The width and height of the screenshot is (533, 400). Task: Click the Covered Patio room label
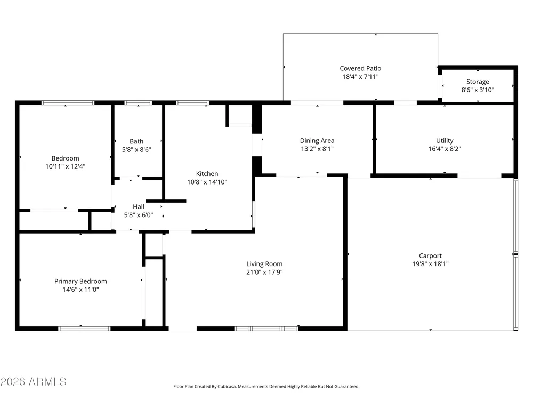click(x=360, y=68)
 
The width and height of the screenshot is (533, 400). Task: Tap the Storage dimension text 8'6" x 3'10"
click(x=478, y=90)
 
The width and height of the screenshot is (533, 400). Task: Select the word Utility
click(x=445, y=140)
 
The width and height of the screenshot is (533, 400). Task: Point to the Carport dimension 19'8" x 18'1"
click(x=430, y=263)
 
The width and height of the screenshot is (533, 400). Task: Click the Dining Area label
click(x=317, y=140)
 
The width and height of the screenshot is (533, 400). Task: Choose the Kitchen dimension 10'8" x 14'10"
click(x=207, y=182)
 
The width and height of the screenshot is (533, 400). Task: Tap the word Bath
click(x=136, y=141)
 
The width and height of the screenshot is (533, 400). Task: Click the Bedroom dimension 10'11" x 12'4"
click(x=65, y=166)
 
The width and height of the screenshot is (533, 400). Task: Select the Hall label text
click(x=139, y=206)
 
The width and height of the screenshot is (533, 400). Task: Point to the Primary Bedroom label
click(x=80, y=281)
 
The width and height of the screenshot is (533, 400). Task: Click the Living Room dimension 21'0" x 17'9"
click(x=264, y=272)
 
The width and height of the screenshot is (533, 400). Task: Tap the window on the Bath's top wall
click(x=138, y=103)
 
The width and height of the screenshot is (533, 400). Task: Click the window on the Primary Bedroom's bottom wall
click(x=84, y=329)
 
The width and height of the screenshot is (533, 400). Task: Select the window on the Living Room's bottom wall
click(x=266, y=329)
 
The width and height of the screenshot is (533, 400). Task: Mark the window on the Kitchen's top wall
click(x=192, y=103)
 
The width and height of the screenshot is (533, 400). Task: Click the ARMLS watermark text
click(x=33, y=382)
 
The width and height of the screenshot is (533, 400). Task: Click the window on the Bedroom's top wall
click(x=68, y=103)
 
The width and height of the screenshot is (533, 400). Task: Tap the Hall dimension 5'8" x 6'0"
click(x=139, y=215)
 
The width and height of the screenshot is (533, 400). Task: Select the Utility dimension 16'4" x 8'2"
click(x=445, y=149)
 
